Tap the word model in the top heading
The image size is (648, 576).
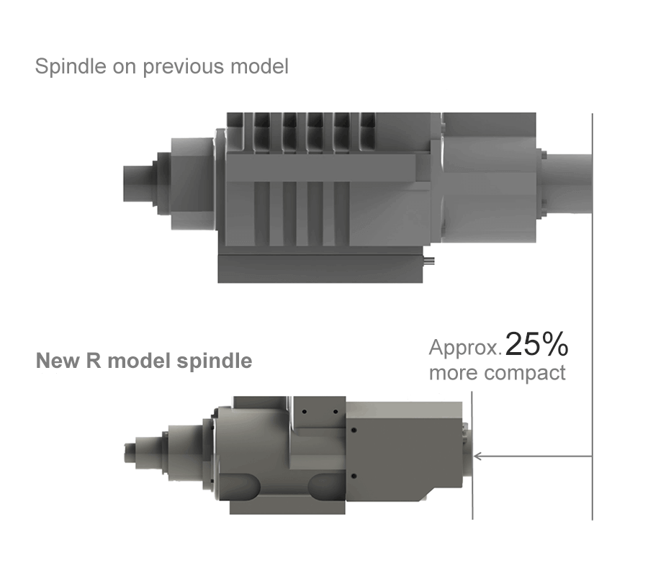tap(259, 68)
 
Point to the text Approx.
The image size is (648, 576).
tap(465, 348)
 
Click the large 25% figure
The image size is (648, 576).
tap(537, 345)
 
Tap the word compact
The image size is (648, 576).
tap(525, 374)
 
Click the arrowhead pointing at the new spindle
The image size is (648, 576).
tap(478, 456)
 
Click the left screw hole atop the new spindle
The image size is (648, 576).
tap(305, 411)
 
